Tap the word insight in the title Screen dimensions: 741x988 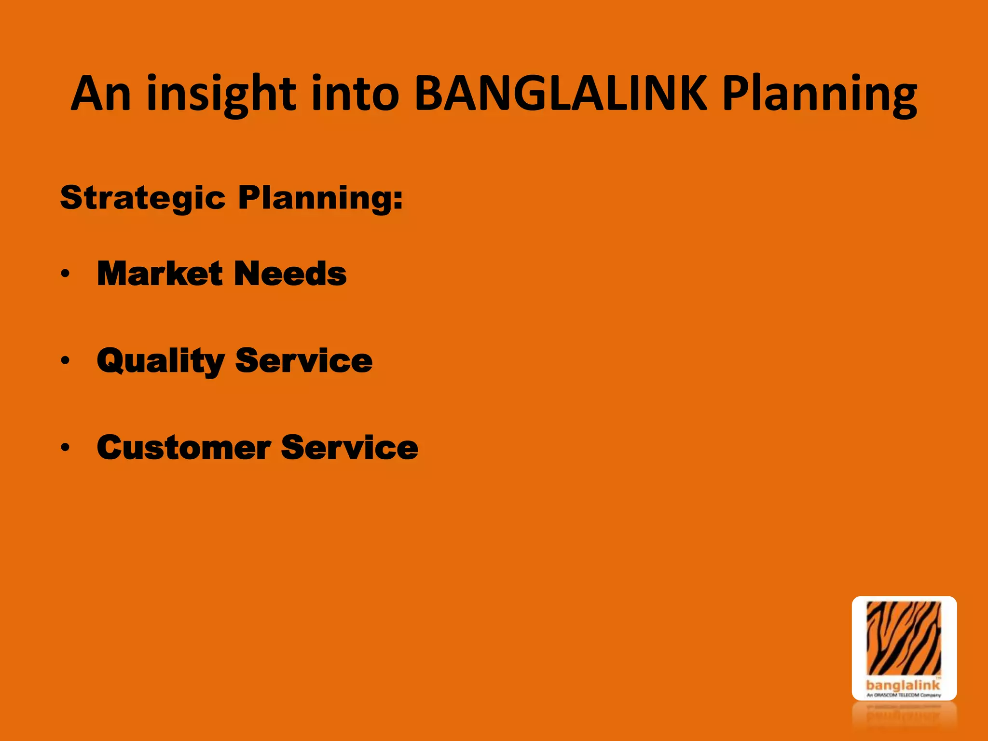coord(221,94)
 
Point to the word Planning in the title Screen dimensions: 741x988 coord(820,94)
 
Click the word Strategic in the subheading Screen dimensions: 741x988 coord(143,198)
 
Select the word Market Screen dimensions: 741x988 coord(160,274)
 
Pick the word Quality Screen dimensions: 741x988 coord(161,361)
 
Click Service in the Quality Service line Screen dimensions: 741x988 coord(304,360)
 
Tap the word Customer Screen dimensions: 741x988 coord(184,447)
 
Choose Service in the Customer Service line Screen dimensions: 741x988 coord(349,447)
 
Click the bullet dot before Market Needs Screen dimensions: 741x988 coord(66,274)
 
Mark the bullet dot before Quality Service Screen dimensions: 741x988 coord(66,360)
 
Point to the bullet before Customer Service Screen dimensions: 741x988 coord(66,447)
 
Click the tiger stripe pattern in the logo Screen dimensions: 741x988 coord(904,637)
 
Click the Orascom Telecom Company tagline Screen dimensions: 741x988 coord(904,695)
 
